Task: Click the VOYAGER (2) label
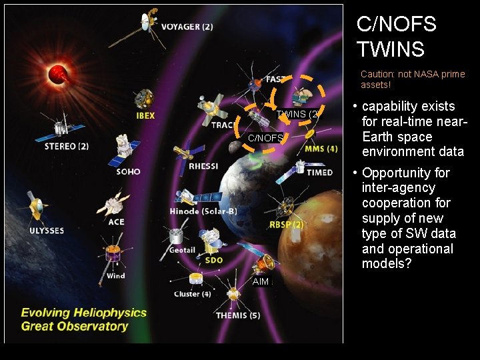[187, 27]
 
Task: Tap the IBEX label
[145, 115]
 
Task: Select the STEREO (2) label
[67, 146]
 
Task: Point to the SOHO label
[128, 171]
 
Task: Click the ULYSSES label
[47, 231]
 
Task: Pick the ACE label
[116, 222]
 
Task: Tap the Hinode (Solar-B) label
[203, 211]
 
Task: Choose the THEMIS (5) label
[238, 315]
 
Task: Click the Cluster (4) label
[193, 294]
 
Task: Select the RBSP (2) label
[286, 225]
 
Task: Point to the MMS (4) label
[321, 149]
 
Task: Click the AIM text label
[261, 282]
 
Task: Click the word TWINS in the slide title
[390, 49]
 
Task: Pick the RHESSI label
[203, 166]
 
